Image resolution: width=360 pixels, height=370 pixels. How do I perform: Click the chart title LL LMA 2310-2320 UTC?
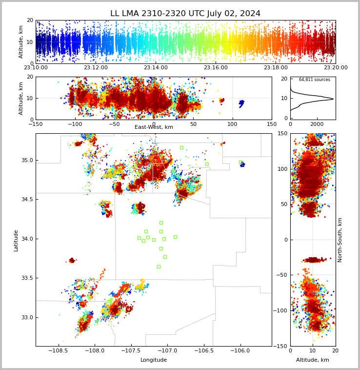click(185, 14)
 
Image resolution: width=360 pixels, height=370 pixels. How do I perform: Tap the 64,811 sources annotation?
click(314, 80)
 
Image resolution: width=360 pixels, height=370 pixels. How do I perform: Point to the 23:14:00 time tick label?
click(156, 68)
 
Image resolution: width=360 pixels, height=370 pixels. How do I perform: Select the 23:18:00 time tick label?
click(276, 68)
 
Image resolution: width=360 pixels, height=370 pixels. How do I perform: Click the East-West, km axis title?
click(154, 127)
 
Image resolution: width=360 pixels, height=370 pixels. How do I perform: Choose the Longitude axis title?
click(154, 360)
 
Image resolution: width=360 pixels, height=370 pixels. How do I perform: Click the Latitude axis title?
click(16, 240)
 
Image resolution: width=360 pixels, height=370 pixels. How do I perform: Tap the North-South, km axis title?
click(340, 240)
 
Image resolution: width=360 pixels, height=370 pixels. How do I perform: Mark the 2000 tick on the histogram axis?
click(317, 124)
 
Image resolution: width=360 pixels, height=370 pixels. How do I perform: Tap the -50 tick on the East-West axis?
click(114, 124)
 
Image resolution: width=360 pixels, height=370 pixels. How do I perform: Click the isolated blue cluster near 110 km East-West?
click(241, 103)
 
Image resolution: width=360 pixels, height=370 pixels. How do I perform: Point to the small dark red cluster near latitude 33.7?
click(72, 261)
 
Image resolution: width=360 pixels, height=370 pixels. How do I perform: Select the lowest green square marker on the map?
click(159, 267)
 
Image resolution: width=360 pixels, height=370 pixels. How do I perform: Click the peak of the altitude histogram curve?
click(333, 99)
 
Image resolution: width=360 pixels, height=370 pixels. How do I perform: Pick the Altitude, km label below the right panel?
click(313, 360)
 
